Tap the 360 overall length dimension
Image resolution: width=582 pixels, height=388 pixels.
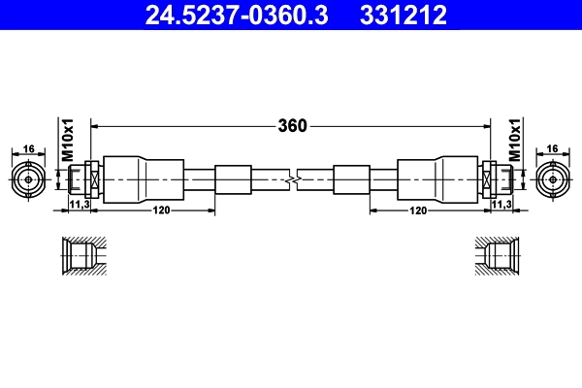[x=292, y=125]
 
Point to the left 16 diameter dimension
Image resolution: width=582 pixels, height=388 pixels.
[x=29, y=148]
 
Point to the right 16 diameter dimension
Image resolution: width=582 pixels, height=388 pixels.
[x=552, y=148]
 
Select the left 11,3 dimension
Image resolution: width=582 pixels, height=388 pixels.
[x=80, y=206]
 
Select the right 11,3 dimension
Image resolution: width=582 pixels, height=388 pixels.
[x=501, y=206]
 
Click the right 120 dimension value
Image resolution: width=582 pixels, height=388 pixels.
[x=419, y=210]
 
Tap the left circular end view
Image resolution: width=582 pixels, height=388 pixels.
[x=29, y=179]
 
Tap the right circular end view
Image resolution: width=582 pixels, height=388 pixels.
[x=552, y=179]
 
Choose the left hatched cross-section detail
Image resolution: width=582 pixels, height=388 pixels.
[x=81, y=256]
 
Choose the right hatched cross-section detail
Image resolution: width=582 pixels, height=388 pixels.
[x=498, y=256]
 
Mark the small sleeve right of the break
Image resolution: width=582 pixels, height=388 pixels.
[x=351, y=179]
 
